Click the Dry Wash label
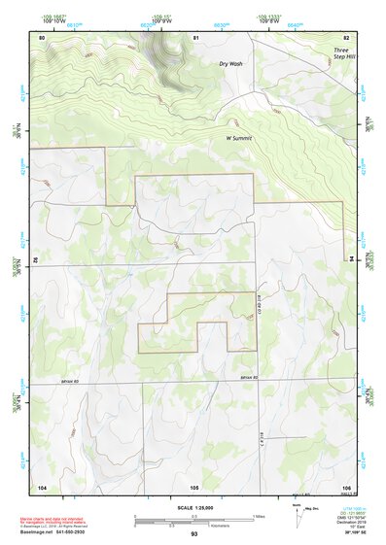[x=230, y=63]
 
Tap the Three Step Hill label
[x=344, y=53]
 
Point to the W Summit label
[x=239, y=138]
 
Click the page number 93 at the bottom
[x=194, y=534]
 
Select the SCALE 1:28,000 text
[x=193, y=507]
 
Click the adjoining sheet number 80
[x=42, y=37]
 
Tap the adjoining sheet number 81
[x=195, y=37]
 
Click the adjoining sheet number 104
[x=42, y=486]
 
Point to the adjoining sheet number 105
[x=194, y=486]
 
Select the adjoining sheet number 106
[x=347, y=486]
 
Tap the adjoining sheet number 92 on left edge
[x=37, y=260]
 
